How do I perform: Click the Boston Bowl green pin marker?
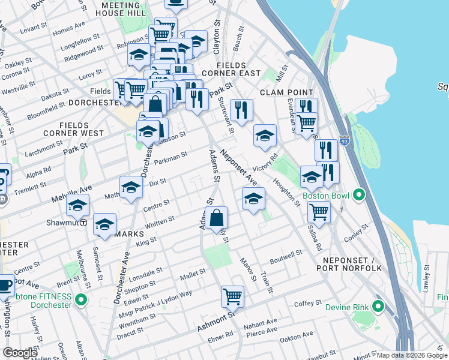click(x=359, y=195)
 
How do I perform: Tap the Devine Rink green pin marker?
click(x=378, y=307)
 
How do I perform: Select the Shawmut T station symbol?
click(x=84, y=222)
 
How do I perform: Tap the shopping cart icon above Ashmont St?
click(x=232, y=296)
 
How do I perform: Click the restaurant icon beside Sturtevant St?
click(x=241, y=110)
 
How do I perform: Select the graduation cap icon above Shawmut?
click(x=77, y=205)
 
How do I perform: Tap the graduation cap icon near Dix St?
click(x=131, y=187)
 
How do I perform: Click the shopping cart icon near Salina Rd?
click(x=318, y=211)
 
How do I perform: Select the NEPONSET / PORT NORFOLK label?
click(x=352, y=263)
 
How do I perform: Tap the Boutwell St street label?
click(x=286, y=257)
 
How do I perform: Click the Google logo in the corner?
click(x=20, y=353)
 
